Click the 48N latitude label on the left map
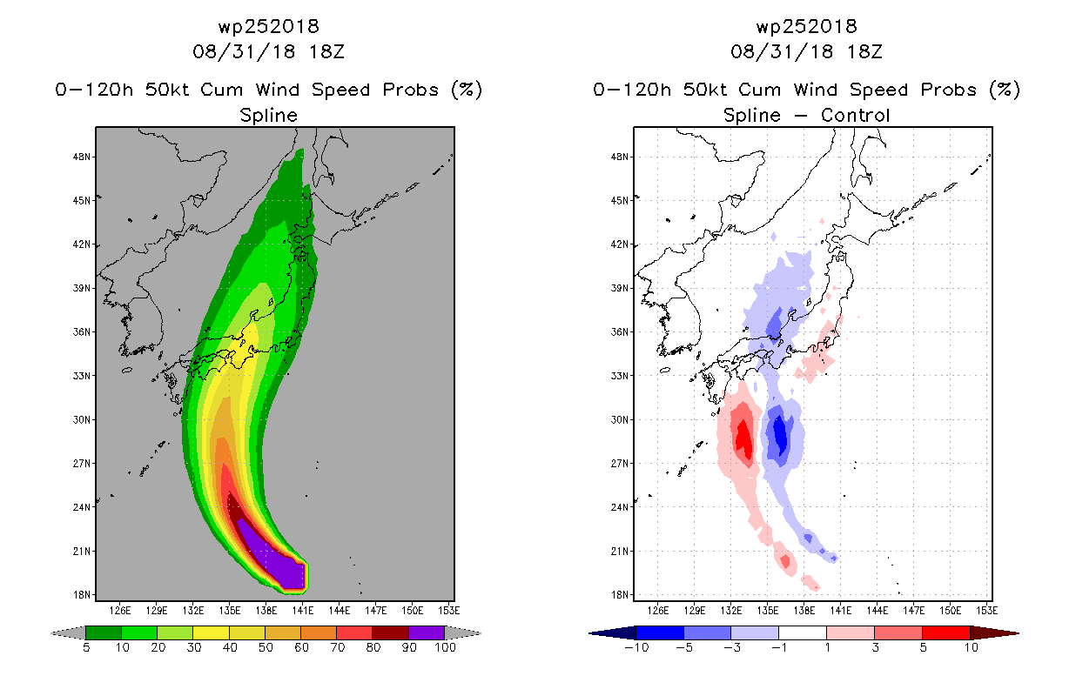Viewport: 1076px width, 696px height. (x=81, y=157)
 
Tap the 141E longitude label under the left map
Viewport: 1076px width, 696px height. (x=303, y=611)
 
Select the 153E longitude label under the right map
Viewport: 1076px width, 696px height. (x=986, y=611)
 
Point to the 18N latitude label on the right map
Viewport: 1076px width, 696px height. (x=619, y=595)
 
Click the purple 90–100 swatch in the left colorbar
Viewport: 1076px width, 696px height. (x=427, y=632)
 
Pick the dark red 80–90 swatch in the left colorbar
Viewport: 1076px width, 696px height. (x=391, y=632)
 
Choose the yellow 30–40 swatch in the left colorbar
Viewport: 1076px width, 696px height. (x=211, y=632)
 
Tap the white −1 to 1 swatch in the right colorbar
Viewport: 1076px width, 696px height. (x=803, y=632)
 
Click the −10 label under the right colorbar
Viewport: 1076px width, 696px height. (x=636, y=647)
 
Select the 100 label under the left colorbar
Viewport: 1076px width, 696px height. (x=446, y=647)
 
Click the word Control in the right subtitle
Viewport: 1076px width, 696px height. (x=855, y=115)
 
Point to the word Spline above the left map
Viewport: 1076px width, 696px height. (x=268, y=116)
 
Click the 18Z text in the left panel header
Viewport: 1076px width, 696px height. (x=326, y=51)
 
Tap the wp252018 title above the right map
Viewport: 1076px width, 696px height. (x=806, y=26)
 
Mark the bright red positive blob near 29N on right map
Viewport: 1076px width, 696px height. (x=744, y=439)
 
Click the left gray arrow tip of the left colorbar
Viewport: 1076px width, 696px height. (x=51, y=633)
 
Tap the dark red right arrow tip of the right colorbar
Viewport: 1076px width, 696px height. (x=1019, y=633)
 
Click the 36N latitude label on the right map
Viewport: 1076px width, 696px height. (x=619, y=332)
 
